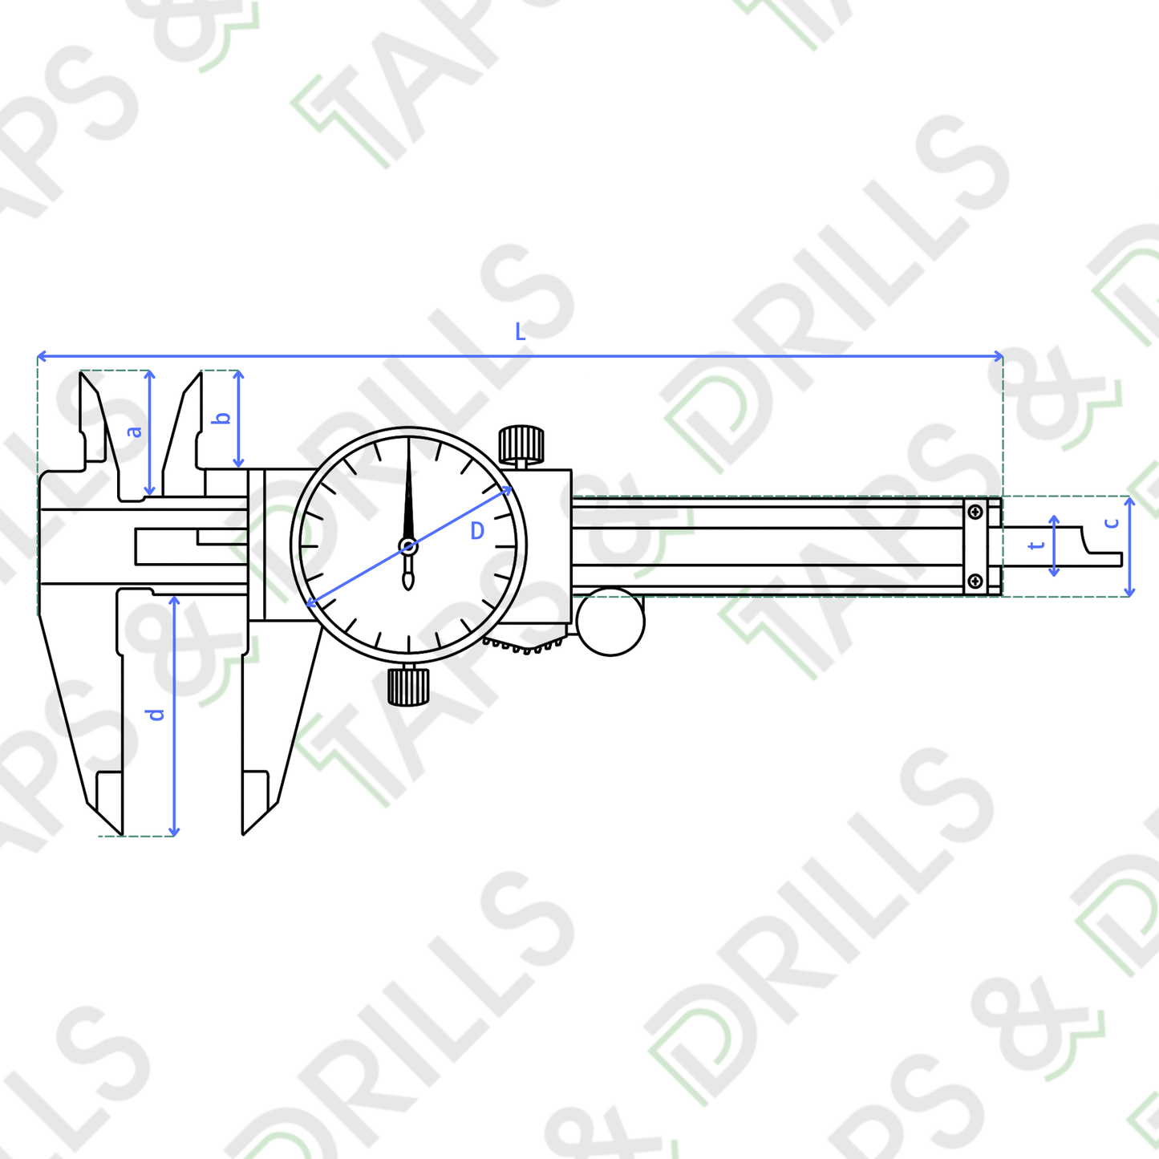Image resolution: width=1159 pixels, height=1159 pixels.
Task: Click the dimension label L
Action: (520, 332)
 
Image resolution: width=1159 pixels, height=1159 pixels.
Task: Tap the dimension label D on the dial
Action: (477, 531)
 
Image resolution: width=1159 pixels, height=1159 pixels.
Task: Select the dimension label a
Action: (135, 432)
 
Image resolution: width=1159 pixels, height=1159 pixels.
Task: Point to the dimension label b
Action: (224, 418)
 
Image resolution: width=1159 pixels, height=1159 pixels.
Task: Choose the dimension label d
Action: (156, 714)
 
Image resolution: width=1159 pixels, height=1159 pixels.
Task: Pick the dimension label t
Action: (1036, 545)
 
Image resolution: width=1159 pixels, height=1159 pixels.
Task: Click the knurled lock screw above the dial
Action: (521, 444)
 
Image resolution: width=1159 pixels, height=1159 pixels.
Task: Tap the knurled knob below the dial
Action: (408, 686)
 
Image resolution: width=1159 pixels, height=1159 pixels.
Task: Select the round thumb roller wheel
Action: (610, 622)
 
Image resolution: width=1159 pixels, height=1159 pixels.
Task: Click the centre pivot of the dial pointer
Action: (408, 547)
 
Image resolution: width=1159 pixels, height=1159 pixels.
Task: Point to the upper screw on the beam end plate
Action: (975, 512)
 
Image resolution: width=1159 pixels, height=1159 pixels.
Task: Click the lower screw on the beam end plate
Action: (975, 581)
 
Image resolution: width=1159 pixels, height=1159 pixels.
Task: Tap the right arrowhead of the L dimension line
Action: (999, 356)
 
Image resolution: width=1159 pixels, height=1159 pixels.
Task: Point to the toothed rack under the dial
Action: (525, 646)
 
